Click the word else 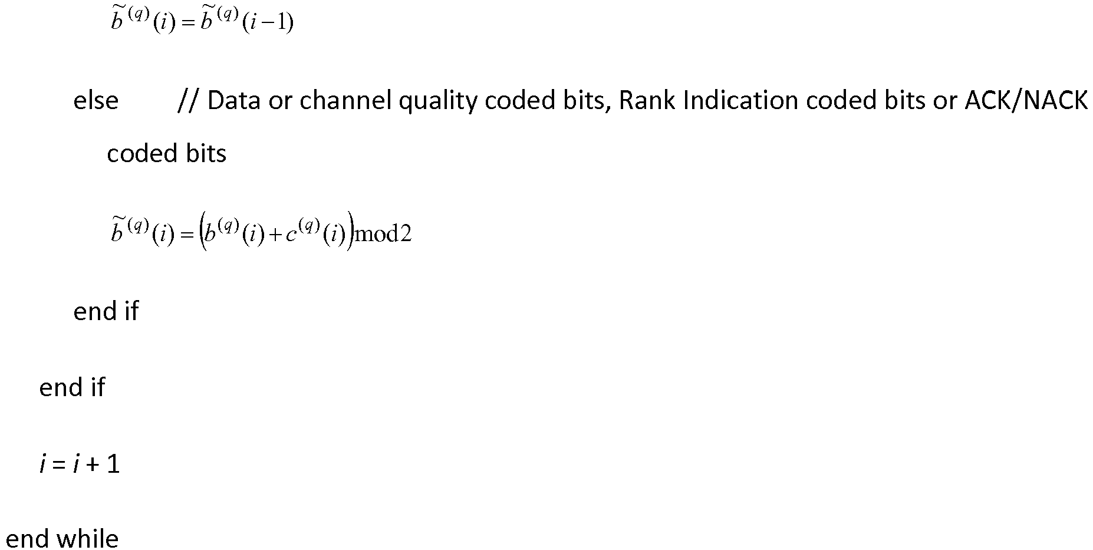[96, 101]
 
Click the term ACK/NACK [1026, 101]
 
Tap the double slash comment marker [188, 101]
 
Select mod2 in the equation [383, 235]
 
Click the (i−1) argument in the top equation [268, 24]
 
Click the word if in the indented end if [131, 311]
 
